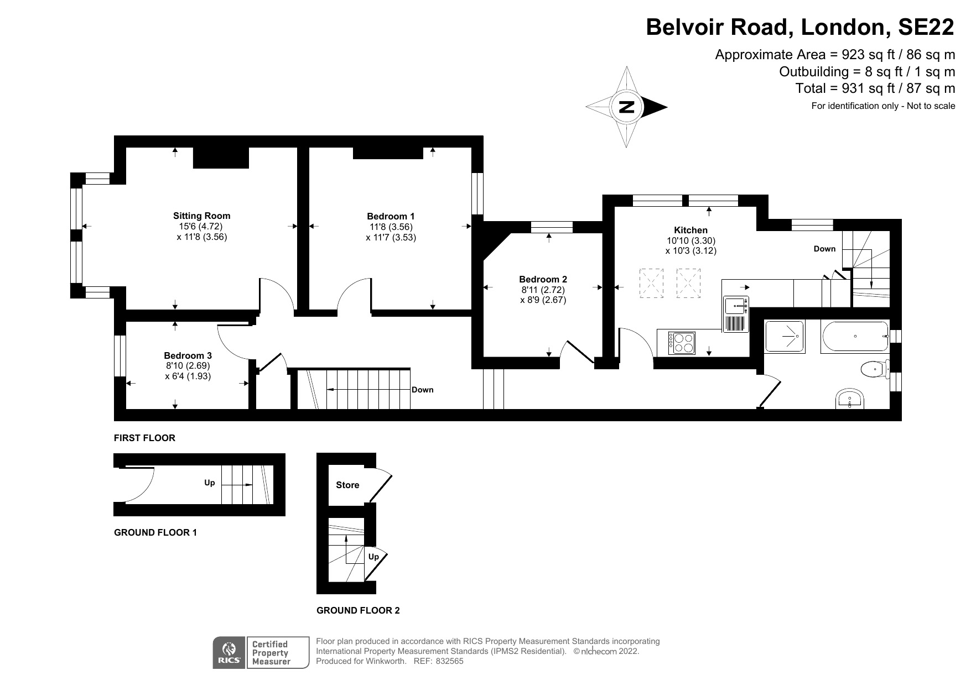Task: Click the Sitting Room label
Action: tap(201, 216)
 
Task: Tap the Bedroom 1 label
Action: tap(391, 216)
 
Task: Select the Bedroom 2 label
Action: tap(543, 279)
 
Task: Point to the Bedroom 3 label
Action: tap(188, 355)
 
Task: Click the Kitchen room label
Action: tap(690, 230)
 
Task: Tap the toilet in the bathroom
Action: tap(874, 368)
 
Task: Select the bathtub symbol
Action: tap(855, 336)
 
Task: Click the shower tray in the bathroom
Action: tap(785, 336)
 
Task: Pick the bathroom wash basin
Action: tap(850, 399)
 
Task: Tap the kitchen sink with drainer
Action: tap(736, 313)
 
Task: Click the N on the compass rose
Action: tap(626, 107)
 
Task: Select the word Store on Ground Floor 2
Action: tap(347, 485)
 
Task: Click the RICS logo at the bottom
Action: tap(229, 653)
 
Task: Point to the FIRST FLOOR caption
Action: tap(144, 438)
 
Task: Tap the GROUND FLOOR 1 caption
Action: tap(155, 532)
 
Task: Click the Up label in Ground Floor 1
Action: tap(209, 483)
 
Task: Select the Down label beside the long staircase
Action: tap(423, 390)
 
